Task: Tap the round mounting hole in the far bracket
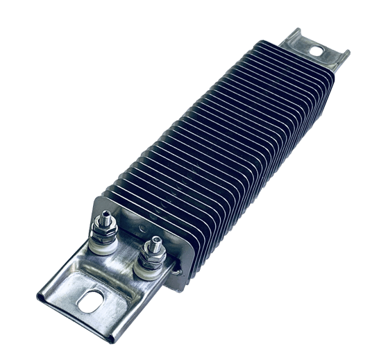point(317,51)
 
